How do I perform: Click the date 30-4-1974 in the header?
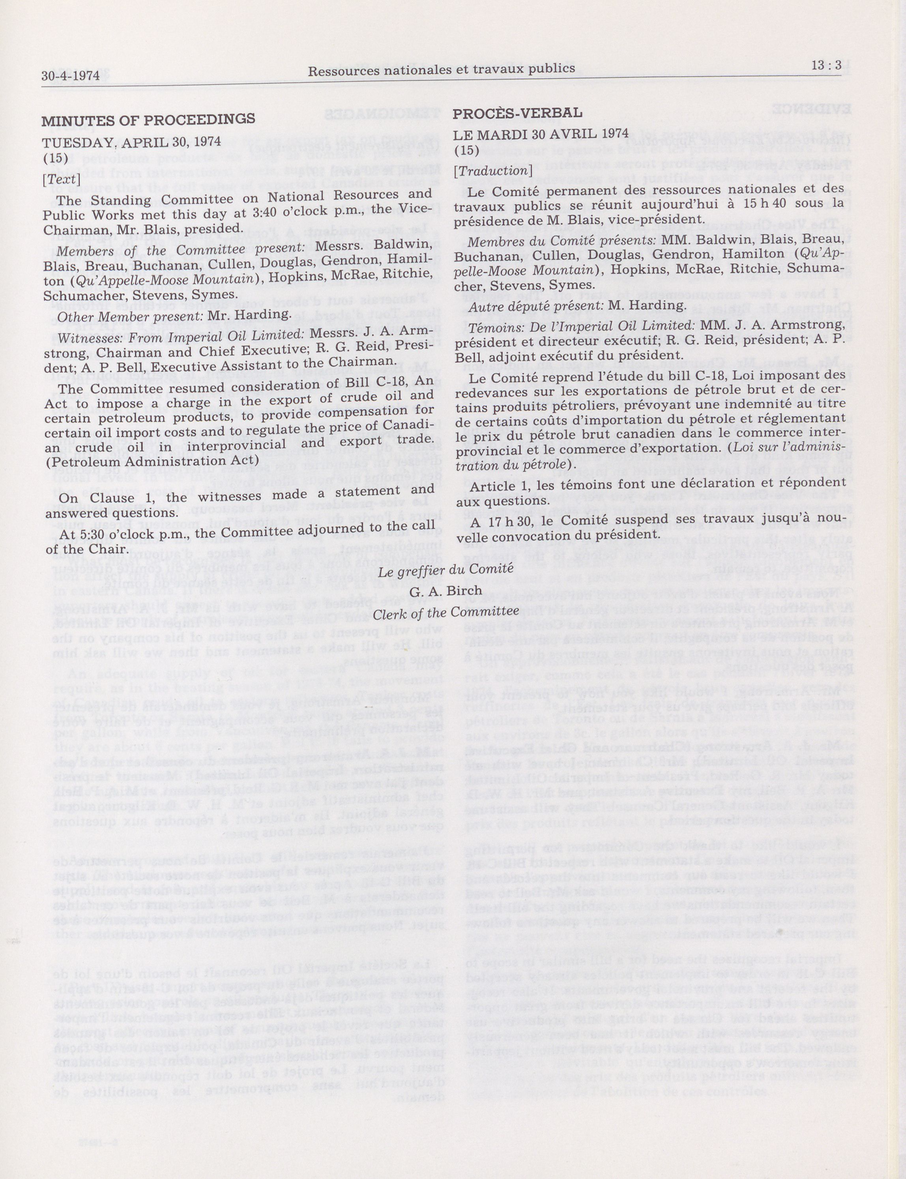point(70,75)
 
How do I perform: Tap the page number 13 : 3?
point(826,66)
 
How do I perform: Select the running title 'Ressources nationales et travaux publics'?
point(441,69)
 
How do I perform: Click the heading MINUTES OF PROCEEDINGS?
point(148,120)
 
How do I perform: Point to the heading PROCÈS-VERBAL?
point(517,113)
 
